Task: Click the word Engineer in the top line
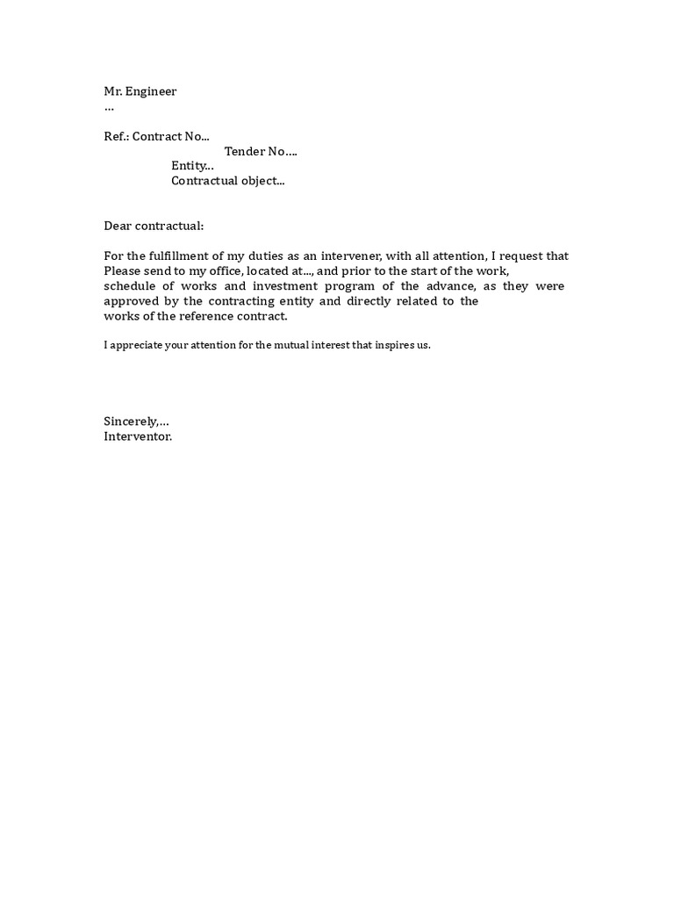click(x=150, y=92)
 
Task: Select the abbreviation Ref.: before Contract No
click(x=116, y=137)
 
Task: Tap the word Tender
click(x=245, y=152)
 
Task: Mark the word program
click(x=351, y=287)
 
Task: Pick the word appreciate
click(x=139, y=346)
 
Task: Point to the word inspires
click(x=391, y=346)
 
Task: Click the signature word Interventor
click(x=138, y=436)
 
